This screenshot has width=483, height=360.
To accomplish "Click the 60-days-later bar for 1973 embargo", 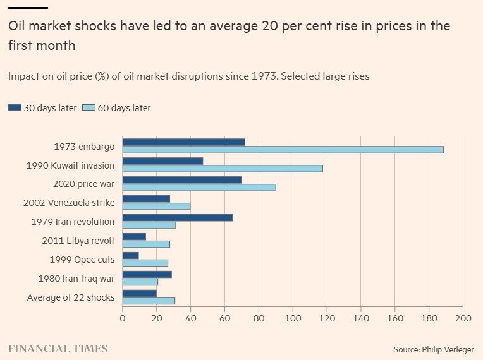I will (283, 150).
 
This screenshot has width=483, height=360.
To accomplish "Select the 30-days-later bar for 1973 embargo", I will (183, 142).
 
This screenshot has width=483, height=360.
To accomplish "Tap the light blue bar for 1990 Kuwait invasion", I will (223, 169).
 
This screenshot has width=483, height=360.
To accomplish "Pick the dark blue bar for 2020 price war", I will (182, 180).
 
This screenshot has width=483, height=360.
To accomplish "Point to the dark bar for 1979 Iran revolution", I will (177, 217).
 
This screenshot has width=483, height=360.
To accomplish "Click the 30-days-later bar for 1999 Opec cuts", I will (130, 255).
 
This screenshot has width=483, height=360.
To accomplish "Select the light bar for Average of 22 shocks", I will (149, 301).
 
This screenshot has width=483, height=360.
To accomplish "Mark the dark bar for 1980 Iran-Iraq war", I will (147, 274).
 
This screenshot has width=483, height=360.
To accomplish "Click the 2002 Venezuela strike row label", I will (69, 203).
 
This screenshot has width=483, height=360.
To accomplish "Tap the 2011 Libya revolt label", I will (78, 241).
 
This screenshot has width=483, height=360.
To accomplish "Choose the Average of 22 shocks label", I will (71, 297).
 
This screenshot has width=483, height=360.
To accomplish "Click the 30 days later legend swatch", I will (15, 108).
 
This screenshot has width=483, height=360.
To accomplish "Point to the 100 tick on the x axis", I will (293, 319).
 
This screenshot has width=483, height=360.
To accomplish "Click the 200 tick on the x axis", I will (463, 319).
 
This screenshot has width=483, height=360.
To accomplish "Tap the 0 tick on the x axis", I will (123, 319).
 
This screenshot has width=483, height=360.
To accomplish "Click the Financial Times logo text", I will (58, 349).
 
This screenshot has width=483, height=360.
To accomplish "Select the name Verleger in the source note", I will (455, 349).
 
